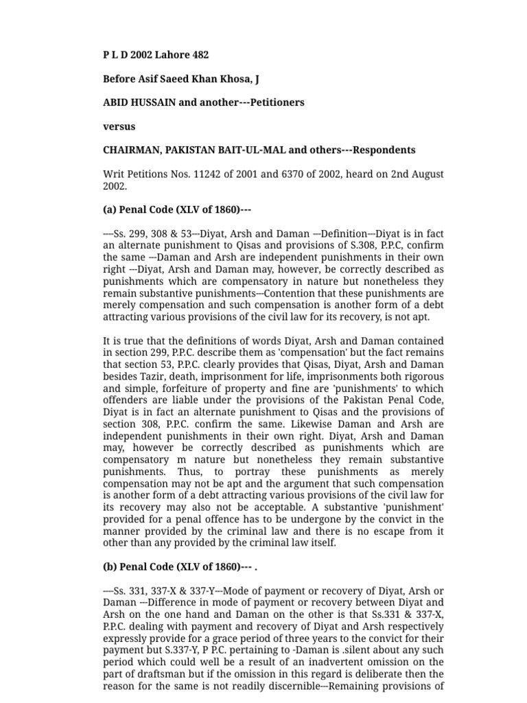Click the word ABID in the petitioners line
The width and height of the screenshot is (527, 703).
click(116, 102)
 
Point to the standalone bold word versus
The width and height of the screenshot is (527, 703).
click(119, 126)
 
